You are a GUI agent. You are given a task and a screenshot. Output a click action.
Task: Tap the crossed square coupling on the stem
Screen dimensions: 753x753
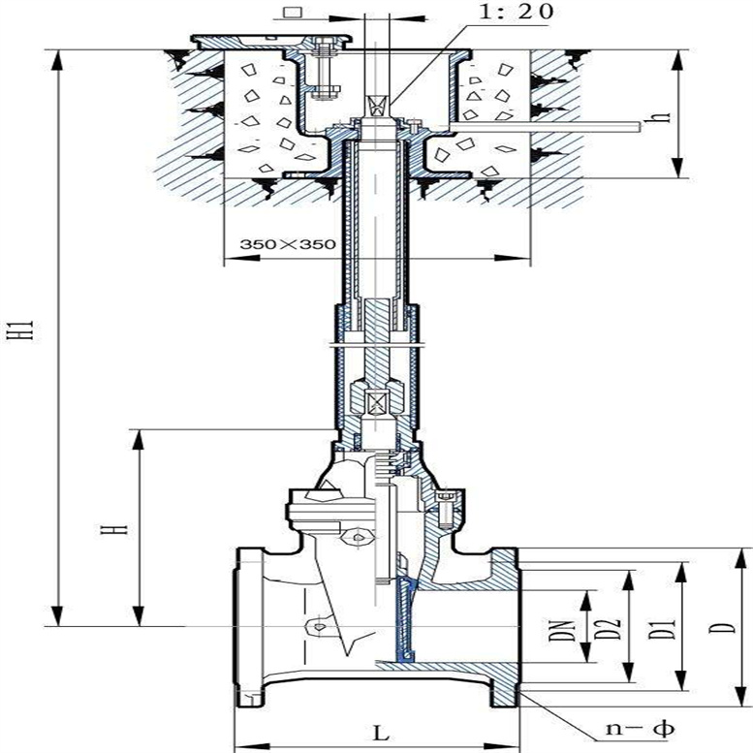[379, 398]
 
